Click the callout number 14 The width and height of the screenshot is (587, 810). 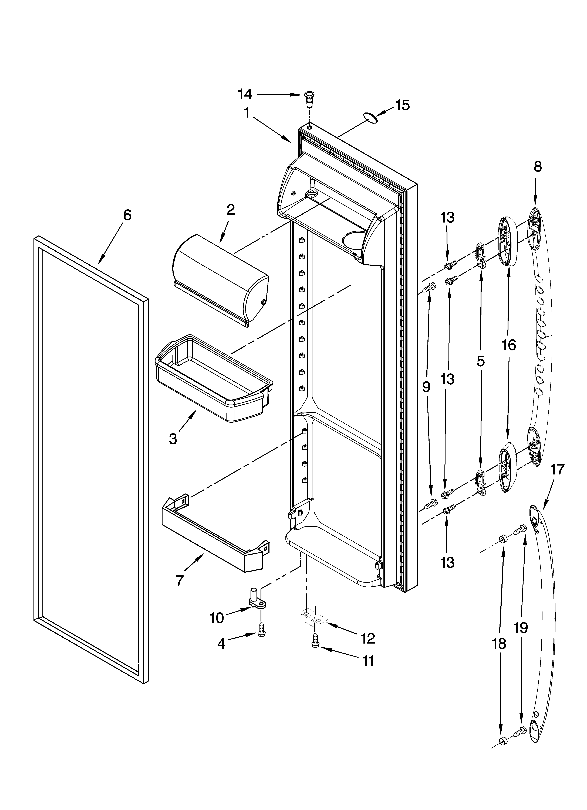pyautogui.click(x=245, y=94)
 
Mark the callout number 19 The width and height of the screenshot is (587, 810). pyautogui.click(x=521, y=627)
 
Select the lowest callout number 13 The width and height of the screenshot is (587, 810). pyautogui.click(x=447, y=562)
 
